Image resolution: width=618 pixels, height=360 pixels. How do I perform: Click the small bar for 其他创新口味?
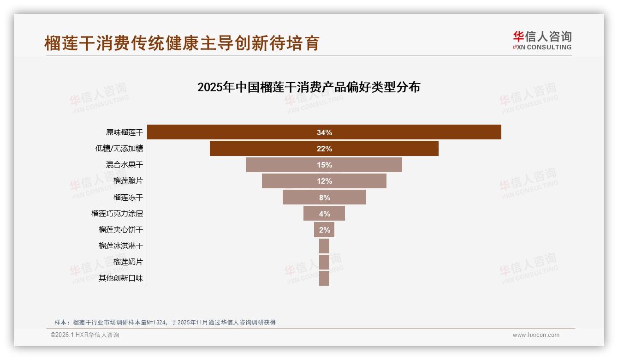pyautogui.click(x=324, y=278)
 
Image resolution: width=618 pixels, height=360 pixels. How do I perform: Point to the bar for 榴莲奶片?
pyautogui.click(x=324, y=262)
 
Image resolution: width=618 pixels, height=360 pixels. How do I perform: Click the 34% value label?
pyautogui.click(x=324, y=132)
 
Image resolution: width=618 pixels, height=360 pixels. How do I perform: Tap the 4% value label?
pyautogui.click(x=324, y=214)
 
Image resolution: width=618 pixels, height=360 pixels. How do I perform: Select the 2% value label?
pyautogui.click(x=324, y=230)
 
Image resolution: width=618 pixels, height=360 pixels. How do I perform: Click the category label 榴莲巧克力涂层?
pyautogui.click(x=117, y=214)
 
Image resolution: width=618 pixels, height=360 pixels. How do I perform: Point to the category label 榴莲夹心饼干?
pyautogui.click(x=121, y=230)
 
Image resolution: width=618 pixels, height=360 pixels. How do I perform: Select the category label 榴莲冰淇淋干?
pyautogui.click(x=121, y=246)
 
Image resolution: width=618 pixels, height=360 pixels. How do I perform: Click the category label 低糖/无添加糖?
pyautogui.click(x=119, y=149)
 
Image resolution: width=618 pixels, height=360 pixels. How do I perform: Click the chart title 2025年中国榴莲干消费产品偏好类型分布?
pyautogui.click(x=309, y=87)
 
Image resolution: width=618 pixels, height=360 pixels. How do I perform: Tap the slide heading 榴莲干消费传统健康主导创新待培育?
pyautogui.click(x=182, y=43)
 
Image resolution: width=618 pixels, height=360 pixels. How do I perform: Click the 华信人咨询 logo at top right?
pyautogui.click(x=542, y=40)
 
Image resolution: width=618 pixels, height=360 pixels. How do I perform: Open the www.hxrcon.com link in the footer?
pyautogui.click(x=536, y=335)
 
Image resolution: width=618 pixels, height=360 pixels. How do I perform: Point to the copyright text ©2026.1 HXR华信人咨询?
pyautogui.click(x=85, y=335)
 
